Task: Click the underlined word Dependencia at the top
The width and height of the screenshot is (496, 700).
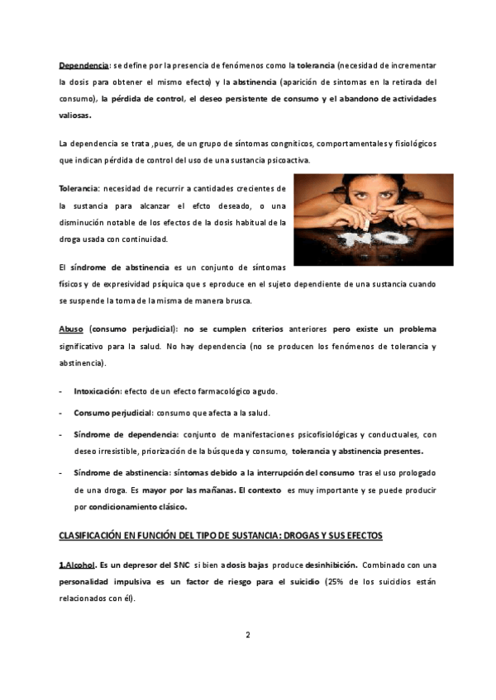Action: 83,64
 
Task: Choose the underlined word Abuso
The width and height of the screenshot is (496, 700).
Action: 71,329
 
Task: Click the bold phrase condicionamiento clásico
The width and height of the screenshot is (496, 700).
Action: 138,507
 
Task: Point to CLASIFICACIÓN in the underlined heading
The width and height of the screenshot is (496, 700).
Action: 93,536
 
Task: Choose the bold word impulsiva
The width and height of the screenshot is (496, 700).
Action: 136,582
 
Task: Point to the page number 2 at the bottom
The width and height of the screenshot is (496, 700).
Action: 247,635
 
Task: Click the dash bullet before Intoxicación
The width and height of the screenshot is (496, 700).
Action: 60,391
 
